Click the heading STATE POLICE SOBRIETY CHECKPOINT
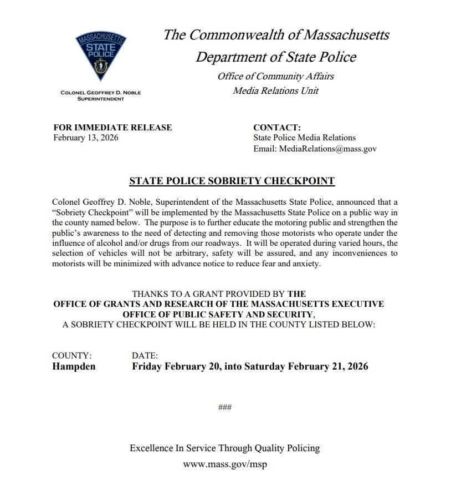[x=232, y=181]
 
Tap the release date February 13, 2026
[x=85, y=138]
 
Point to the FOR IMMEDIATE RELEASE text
[x=112, y=127]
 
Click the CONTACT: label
[x=276, y=127]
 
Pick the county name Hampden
[x=74, y=367]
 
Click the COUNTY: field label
[x=71, y=356]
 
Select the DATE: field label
[x=145, y=356]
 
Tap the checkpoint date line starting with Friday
[x=250, y=367]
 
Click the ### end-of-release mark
[x=225, y=408]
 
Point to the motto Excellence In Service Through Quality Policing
[x=225, y=448]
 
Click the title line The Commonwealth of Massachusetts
[x=276, y=35]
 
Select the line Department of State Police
[x=276, y=57]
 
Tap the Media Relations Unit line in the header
[x=276, y=90]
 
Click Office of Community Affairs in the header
[x=276, y=76]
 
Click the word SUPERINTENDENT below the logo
[x=100, y=98]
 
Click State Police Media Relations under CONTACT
[x=304, y=138]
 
